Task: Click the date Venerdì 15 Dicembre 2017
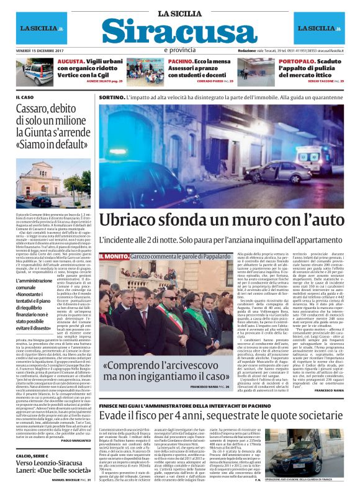[x=42, y=50]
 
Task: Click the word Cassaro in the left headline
[x=32, y=112]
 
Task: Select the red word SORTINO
[x=112, y=97]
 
